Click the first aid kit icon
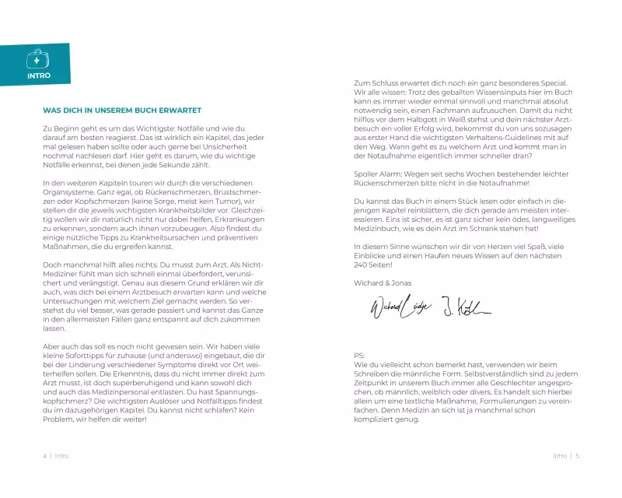click(x=37, y=60)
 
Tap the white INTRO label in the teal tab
click(x=38, y=75)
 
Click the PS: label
click(x=358, y=354)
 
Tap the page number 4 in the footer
click(x=44, y=456)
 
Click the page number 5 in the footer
click(x=578, y=456)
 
